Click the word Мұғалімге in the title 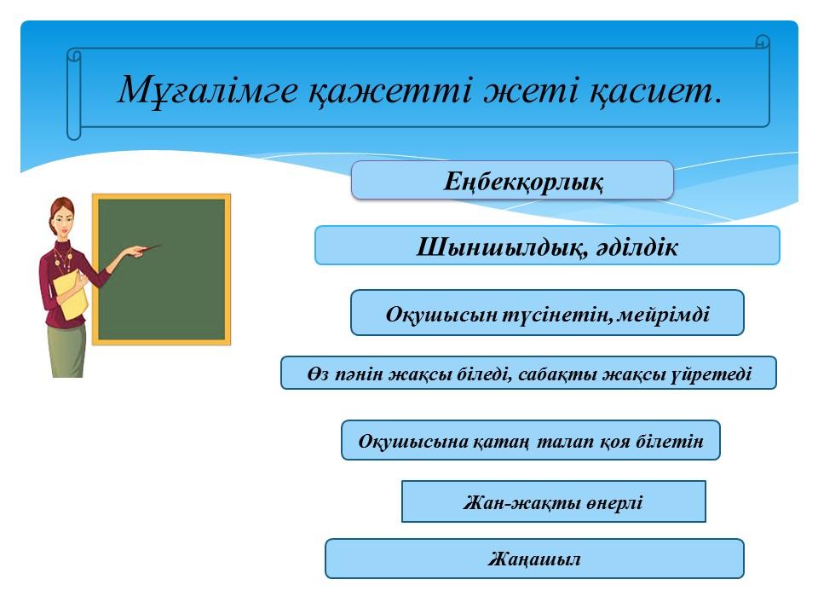pyautogui.click(x=208, y=90)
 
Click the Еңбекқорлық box pyautogui.click(x=512, y=180)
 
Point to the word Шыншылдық pyautogui.click(x=498, y=247)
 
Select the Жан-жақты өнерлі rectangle pyautogui.click(x=554, y=501)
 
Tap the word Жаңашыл pyautogui.click(x=534, y=559)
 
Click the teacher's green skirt pyautogui.click(x=66, y=350)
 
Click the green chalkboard pyautogui.click(x=162, y=269)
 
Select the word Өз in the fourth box pyautogui.click(x=318, y=374)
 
